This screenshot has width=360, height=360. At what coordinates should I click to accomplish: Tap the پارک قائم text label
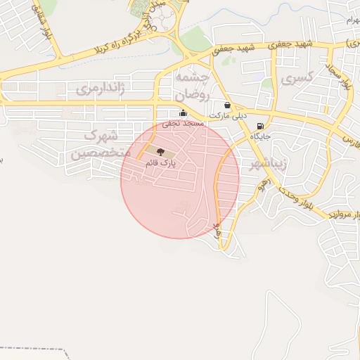[160, 162]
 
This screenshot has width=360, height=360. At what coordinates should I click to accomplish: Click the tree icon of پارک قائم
[161, 152]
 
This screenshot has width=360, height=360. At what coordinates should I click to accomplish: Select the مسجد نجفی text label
[183, 123]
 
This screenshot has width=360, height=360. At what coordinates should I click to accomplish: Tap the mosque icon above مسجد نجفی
[183, 113]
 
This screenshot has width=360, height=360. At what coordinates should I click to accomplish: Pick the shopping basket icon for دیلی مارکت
[227, 105]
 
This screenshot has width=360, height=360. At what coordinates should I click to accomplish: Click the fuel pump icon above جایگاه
[262, 127]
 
